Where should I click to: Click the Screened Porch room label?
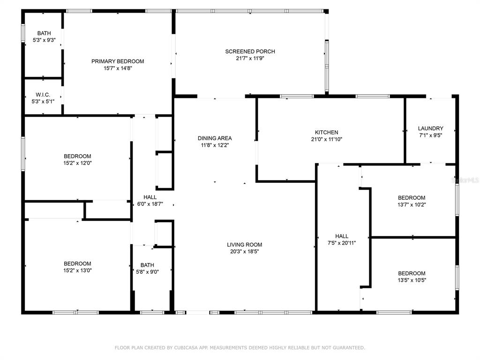(250, 52)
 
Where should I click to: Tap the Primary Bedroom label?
(118, 61)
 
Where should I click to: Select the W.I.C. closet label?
(43, 95)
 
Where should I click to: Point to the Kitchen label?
(327, 132)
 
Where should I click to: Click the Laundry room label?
(431, 128)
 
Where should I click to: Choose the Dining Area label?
(215, 138)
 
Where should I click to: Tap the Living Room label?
(244, 245)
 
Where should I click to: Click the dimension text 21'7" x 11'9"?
(250, 58)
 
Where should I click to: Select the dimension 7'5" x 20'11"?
(342, 243)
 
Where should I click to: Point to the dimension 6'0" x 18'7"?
(150, 204)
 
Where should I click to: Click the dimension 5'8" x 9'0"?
(147, 272)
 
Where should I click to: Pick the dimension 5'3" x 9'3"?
(44, 40)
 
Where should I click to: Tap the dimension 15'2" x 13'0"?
(77, 270)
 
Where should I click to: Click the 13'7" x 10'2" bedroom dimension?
(412, 204)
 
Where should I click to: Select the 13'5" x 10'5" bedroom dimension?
(412, 280)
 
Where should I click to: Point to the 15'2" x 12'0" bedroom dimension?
(77, 163)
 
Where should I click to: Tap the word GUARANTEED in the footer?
(349, 348)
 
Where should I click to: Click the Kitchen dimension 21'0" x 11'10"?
(327, 139)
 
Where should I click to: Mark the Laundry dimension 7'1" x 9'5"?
(431, 135)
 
